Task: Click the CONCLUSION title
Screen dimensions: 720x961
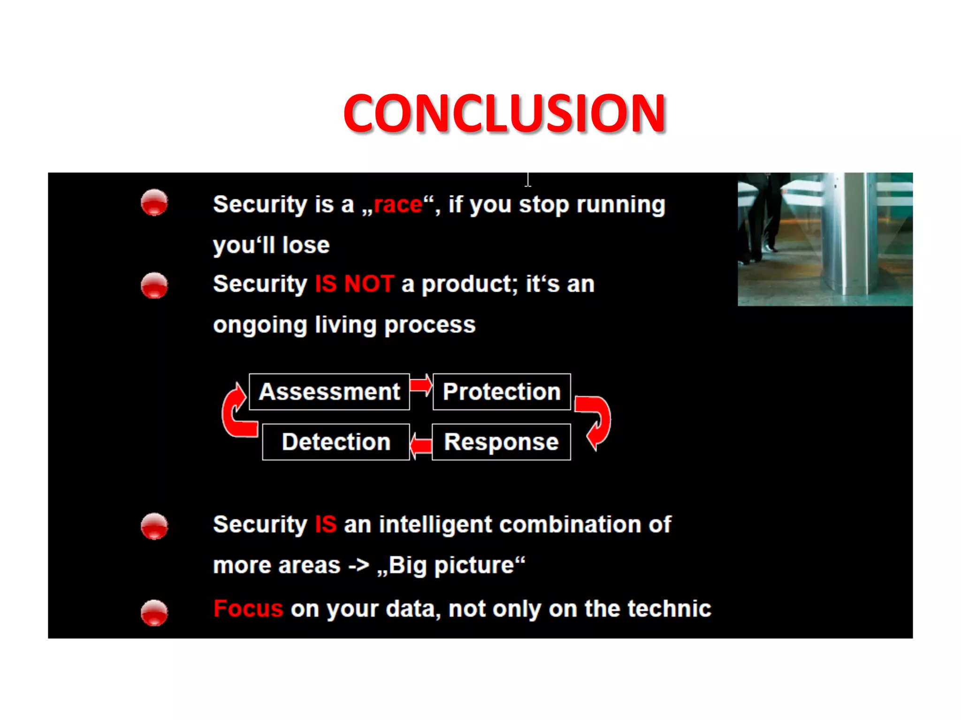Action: [x=504, y=113]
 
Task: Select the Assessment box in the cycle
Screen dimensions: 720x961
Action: [x=329, y=392]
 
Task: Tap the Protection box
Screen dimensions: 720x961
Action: [x=502, y=392]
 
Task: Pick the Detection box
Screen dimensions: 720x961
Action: [x=336, y=442]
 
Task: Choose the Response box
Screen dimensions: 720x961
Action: [x=501, y=442]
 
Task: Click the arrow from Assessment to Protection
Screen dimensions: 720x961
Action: [x=421, y=385]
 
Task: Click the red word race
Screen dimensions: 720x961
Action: [x=398, y=205]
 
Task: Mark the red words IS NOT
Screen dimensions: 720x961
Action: [x=354, y=284]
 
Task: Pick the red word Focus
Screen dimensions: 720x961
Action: [x=248, y=609]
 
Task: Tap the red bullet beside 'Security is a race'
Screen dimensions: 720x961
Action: [x=154, y=203]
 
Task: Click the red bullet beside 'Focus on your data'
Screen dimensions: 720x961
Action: [x=154, y=613]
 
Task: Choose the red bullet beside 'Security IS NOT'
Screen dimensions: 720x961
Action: [x=154, y=285]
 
